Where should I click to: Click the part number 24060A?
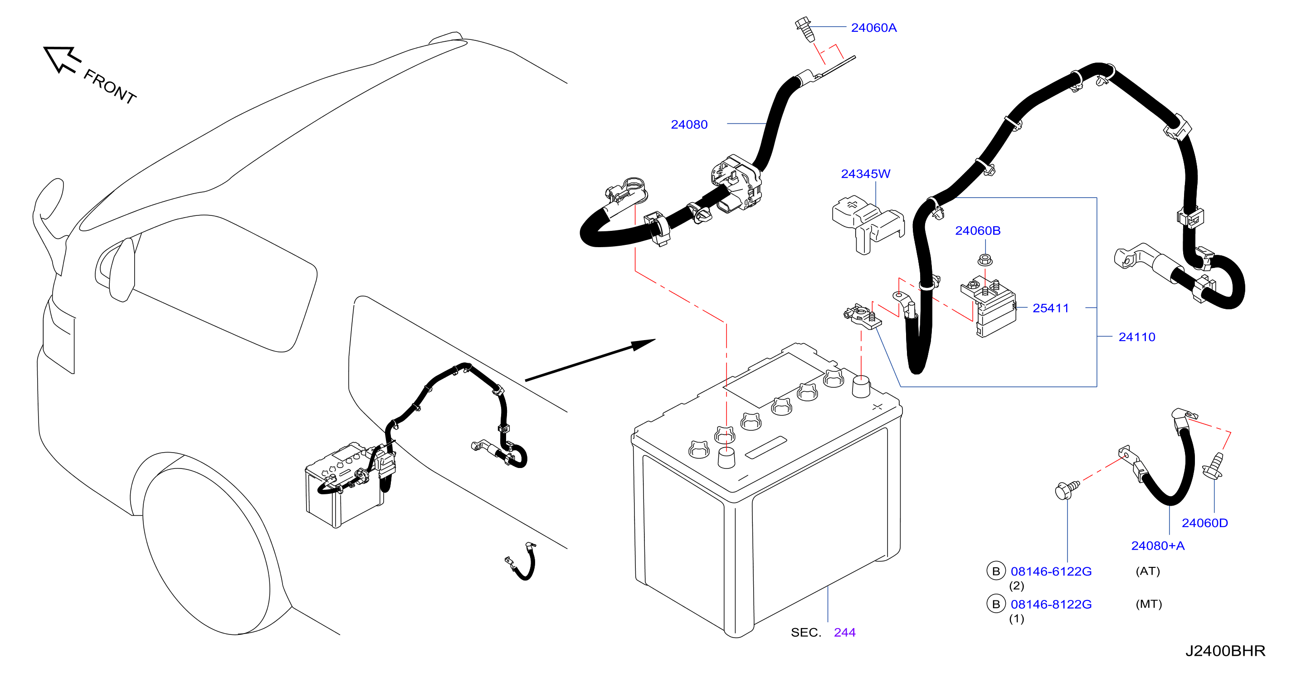tap(873, 28)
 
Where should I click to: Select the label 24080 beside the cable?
tap(689, 124)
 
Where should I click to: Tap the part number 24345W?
tap(865, 174)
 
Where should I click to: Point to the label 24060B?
tap(978, 230)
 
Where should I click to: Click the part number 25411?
tap(1050, 308)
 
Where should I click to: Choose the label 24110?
tap(1137, 337)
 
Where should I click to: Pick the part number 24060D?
tap(1204, 523)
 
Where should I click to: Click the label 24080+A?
tap(1158, 546)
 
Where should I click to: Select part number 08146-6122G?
tap(1051, 571)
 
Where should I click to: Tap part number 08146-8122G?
tap(1051, 604)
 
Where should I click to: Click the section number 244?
tap(844, 632)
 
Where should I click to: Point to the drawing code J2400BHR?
tap(1225, 650)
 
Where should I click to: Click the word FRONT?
tap(110, 86)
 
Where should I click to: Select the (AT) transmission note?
tap(1147, 571)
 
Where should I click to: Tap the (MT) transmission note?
tap(1148, 604)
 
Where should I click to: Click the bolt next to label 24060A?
tap(804, 29)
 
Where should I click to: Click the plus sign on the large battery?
tap(877, 407)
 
